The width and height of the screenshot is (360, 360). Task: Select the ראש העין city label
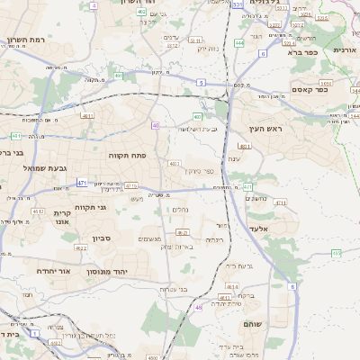[x=268, y=130]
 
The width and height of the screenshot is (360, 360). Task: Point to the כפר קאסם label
[x=310, y=90]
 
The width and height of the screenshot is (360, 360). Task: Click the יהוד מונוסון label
[x=111, y=271]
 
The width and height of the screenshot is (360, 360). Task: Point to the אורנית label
[x=346, y=50]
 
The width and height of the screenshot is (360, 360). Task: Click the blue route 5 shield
[x=202, y=83]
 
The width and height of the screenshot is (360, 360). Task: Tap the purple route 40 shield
[x=155, y=125]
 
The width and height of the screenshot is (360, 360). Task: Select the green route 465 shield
[x=336, y=254]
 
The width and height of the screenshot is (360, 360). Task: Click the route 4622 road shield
[x=80, y=247]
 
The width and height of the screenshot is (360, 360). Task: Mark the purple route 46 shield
[x=198, y=308]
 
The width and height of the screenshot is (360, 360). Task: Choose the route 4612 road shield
[x=38, y=211]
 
